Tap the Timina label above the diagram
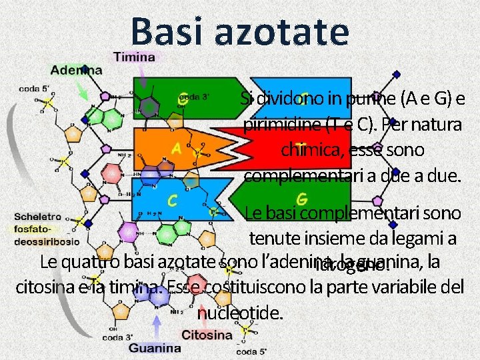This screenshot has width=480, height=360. [x=134, y=57]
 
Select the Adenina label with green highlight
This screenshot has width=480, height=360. [x=76, y=69]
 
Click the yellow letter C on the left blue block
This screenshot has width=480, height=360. [x=172, y=199]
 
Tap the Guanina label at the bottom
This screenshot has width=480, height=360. [x=155, y=347]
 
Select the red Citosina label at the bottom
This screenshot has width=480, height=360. [x=207, y=335]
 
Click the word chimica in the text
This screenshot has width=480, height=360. [x=311, y=149]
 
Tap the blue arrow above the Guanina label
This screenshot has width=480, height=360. [x=157, y=326]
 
